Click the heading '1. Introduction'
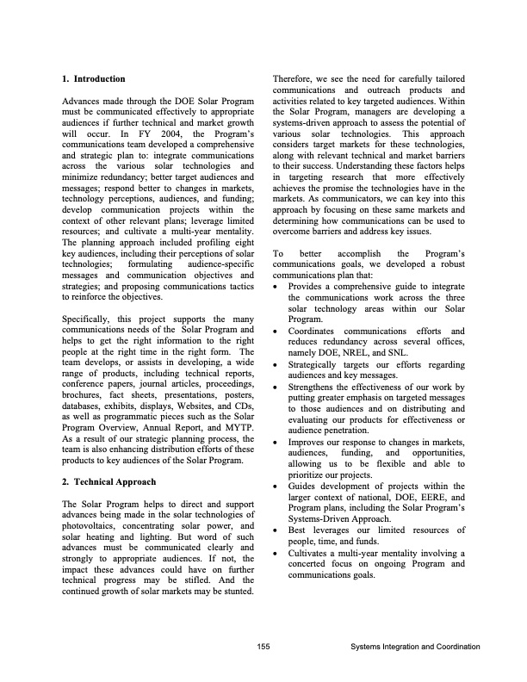click(x=94, y=79)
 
